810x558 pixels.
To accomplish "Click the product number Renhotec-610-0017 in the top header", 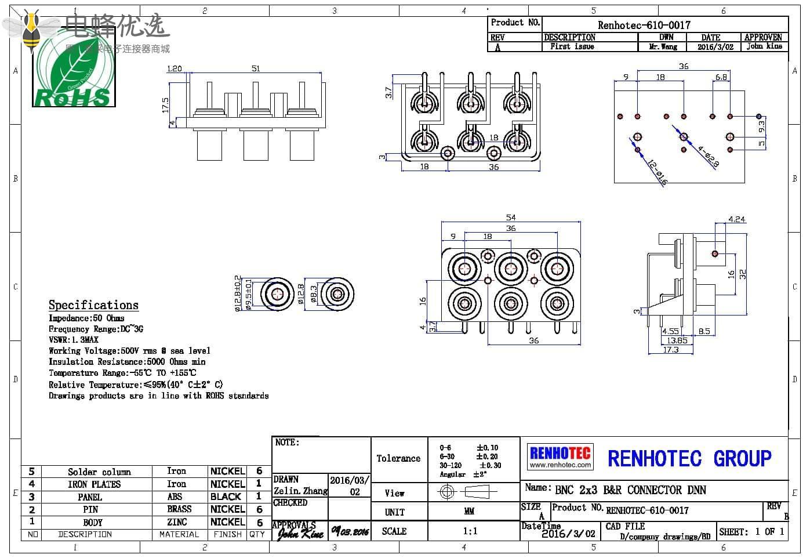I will coord(644,25).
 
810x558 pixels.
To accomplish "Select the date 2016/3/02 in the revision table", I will coord(715,47).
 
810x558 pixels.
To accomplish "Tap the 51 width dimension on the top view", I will coord(256,68).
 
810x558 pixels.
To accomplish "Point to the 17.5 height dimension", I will coord(165,105).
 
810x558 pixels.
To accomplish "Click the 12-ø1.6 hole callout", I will coord(657,172).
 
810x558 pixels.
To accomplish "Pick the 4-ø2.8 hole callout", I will coord(708,156).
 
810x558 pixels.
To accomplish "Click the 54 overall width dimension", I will coord(510,218).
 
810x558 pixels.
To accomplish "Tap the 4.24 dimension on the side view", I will coord(736,219).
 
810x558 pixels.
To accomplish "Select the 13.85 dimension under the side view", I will coord(677,340).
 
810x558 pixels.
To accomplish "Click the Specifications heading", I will coord(93,305).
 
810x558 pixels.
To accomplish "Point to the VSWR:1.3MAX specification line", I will coord(74,340).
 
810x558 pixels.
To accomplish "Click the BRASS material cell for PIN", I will coord(179,509).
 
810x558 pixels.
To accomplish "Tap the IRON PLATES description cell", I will coord(94,484).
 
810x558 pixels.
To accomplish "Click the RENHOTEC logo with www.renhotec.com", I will coord(560,456).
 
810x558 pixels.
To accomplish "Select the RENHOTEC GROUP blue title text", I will coord(689,458).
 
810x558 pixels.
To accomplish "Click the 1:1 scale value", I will coord(470,531).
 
